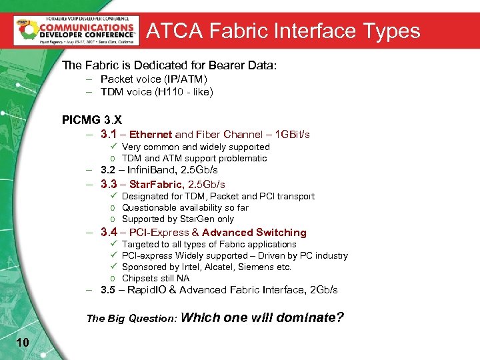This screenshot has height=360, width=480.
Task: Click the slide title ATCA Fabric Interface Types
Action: tap(283, 31)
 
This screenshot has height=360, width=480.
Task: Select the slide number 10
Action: tap(22, 342)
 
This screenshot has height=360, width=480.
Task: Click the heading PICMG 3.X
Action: tap(92, 120)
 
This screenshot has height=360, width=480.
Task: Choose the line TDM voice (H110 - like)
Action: tap(157, 92)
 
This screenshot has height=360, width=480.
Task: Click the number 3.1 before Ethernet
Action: tap(109, 134)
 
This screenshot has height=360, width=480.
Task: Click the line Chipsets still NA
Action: tap(155, 278)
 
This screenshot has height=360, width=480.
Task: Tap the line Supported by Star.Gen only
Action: tap(178, 219)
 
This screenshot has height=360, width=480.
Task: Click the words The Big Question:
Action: tap(131, 319)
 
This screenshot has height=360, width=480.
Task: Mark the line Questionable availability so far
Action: tap(185, 207)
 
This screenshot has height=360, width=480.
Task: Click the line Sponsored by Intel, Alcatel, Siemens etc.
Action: tap(207, 267)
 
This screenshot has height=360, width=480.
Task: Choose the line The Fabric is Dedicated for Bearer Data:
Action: tap(169, 65)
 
